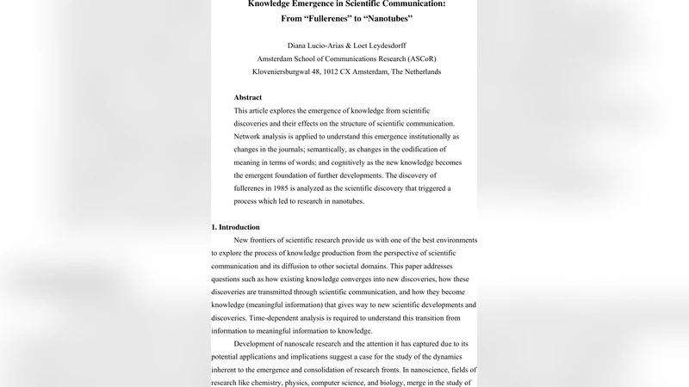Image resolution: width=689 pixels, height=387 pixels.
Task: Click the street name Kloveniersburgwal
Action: [285, 72]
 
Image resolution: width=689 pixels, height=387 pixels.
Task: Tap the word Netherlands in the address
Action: [420, 72]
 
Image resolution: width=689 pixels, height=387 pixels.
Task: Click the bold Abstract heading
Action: [248, 98]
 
